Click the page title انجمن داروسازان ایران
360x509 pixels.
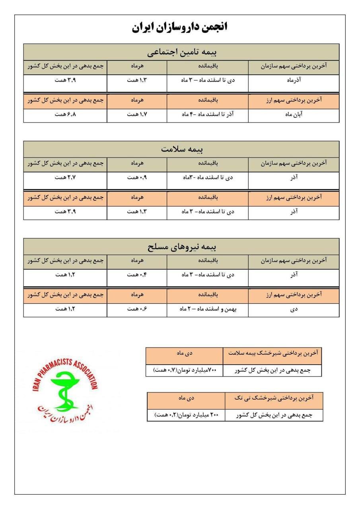(x=180, y=27)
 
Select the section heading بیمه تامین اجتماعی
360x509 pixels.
(x=181, y=52)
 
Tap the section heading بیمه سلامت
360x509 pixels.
(x=181, y=150)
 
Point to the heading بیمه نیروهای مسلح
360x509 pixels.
(x=181, y=247)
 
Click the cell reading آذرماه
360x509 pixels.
(x=294, y=80)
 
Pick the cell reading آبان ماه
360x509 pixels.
(x=294, y=114)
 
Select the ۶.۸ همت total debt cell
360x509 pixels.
(x=65, y=114)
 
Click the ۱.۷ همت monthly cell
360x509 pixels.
(x=137, y=114)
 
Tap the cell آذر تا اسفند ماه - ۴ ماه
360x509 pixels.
(x=207, y=114)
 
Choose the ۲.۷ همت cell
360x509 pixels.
(x=65, y=177)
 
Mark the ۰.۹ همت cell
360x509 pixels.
(x=137, y=177)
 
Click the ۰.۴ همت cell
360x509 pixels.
(x=137, y=274)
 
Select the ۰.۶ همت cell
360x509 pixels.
(x=137, y=309)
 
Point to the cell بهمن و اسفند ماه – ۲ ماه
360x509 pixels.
(x=207, y=309)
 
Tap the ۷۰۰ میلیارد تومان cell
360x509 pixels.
(x=184, y=370)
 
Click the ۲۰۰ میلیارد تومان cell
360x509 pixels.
(x=186, y=415)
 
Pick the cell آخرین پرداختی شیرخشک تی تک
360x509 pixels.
(x=274, y=397)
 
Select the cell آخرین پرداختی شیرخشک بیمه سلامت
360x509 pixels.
(x=272, y=353)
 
